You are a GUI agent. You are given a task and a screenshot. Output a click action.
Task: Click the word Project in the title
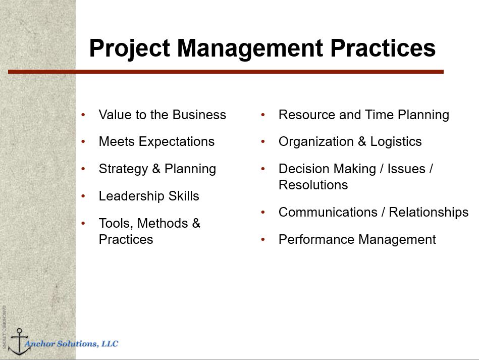click(x=130, y=48)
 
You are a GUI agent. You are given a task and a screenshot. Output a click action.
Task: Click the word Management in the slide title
click(x=250, y=48)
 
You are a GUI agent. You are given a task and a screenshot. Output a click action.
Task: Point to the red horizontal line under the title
click(x=226, y=72)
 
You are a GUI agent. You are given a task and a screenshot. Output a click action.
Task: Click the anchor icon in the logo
click(x=19, y=342)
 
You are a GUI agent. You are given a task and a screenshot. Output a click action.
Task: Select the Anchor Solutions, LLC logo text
click(x=71, y=344)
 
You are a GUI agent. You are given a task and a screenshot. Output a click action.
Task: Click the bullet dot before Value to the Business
click(x=83, y=115)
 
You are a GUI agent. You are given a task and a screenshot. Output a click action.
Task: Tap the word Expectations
click(x=177, y=142)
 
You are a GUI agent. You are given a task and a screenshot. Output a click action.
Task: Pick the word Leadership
click(x=132, y=196)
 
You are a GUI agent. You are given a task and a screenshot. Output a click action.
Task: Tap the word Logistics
click(x=396, y=142)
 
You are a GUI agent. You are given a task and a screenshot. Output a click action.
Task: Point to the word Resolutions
click(x=313, y=185)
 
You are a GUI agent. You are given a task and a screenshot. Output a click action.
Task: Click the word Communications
click(x=328, y=212)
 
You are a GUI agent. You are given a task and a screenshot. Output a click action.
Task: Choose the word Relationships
click(x=429, y=213)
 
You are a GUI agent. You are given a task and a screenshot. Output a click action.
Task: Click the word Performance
click(x=316, y=239)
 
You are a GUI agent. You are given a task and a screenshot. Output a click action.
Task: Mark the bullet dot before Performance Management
click(x=262, y=240)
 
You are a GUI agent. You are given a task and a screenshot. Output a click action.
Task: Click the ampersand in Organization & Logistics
click(x=362, y=141)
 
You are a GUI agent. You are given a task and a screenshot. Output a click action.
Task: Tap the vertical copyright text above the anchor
click(x=4, y=328)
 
